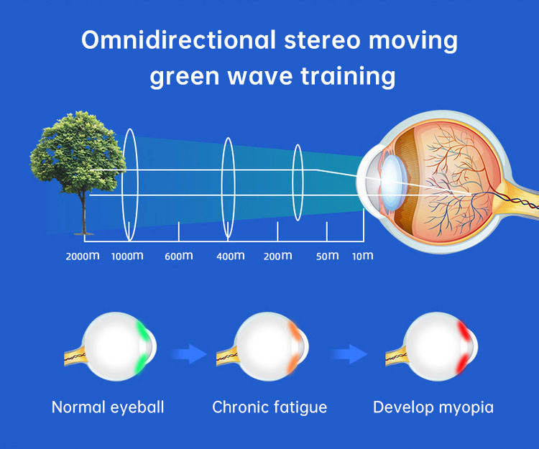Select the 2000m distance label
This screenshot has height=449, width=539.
point(82,256)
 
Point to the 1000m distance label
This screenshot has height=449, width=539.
point(127,256)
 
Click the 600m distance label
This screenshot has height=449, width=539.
point(178,256)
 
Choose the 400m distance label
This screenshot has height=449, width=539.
point(230,256)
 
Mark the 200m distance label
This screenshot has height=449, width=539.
point(277,256)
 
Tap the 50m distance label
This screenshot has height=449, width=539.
point(327,256)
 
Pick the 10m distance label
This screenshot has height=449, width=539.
point(362,256)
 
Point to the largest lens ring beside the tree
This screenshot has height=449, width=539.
point(129,184)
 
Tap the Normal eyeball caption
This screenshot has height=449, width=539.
point(108,407)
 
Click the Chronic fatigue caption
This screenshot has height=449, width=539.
point(269,407)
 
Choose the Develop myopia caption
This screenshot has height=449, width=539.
point(433,407)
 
